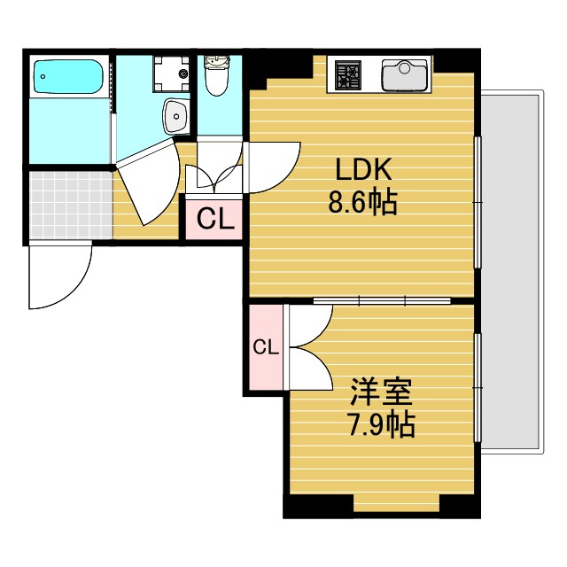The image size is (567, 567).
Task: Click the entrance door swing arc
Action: point(60,276)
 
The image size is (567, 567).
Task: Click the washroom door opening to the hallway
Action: point(146,182)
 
